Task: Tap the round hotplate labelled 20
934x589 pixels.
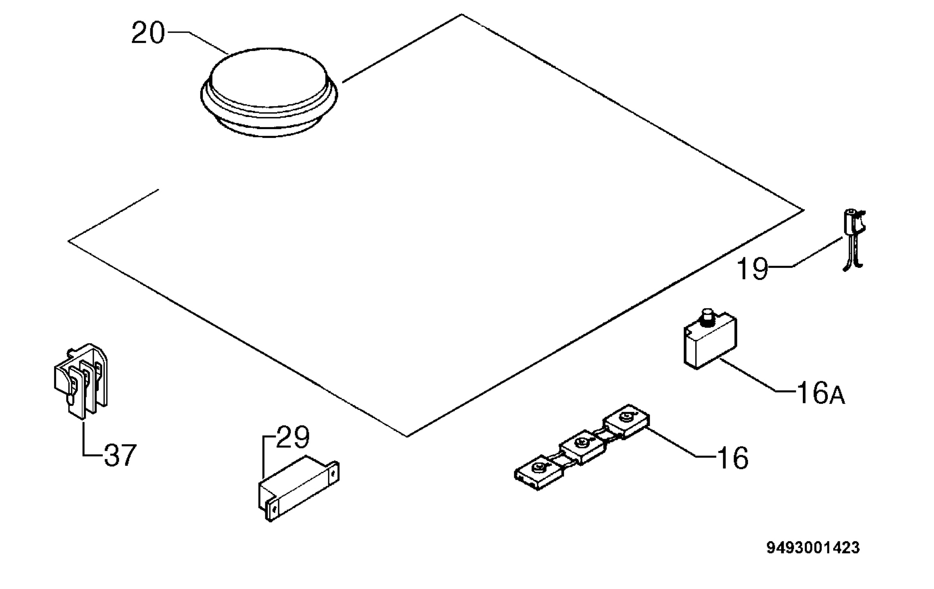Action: [269, 93]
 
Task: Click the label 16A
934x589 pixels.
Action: [821, 393]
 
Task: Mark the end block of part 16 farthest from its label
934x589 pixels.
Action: [539, 472]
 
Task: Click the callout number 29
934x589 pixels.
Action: [292, 437]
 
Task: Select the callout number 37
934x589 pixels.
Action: [120, 455]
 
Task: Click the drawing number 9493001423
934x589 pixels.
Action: [813, 548]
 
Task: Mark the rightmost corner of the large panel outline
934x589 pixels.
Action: [804, 210]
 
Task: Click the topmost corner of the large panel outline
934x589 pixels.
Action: [462, 14]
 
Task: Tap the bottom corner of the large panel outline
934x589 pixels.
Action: [407, 437]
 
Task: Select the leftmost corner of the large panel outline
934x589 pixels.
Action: [68, 241]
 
